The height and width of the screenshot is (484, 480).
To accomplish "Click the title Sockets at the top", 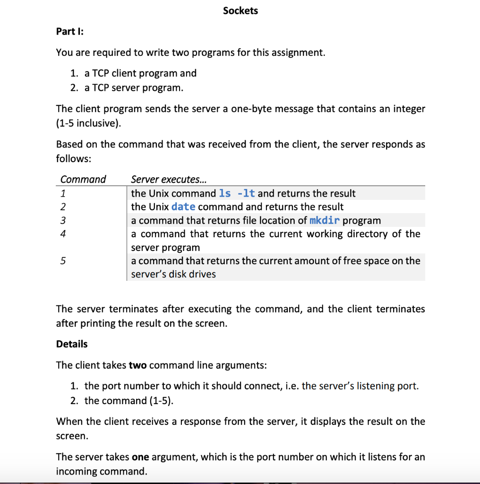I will tap(240, 10).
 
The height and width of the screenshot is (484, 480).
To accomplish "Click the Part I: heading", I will tap(69, 31).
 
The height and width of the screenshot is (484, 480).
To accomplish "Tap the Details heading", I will tap(72, 344).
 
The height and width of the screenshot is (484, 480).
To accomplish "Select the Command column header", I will tap(83, 179).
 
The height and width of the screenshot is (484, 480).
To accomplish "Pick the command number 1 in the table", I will tap(63, 193).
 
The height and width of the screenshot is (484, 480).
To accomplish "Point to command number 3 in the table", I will tap(63, 220).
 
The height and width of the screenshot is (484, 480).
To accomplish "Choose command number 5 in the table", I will tap(63, 261).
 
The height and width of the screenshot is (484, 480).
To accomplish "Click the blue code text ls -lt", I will tap(237, 193).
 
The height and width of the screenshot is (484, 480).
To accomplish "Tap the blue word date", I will tap(183, 207).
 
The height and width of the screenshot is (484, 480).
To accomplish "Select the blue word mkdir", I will tap(325, 220).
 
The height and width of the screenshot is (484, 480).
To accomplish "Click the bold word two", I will tap(137, 365).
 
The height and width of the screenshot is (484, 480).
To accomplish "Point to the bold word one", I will tap(140, 457).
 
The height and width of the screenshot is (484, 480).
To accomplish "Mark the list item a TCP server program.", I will tap(133, 88).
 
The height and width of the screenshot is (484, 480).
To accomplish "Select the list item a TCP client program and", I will tap(140, 73).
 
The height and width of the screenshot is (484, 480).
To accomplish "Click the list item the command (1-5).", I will tap(129, 401).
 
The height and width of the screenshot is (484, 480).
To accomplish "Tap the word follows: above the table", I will tap(73, 158).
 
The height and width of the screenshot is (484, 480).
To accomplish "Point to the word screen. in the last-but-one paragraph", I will tap(72, 436).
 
